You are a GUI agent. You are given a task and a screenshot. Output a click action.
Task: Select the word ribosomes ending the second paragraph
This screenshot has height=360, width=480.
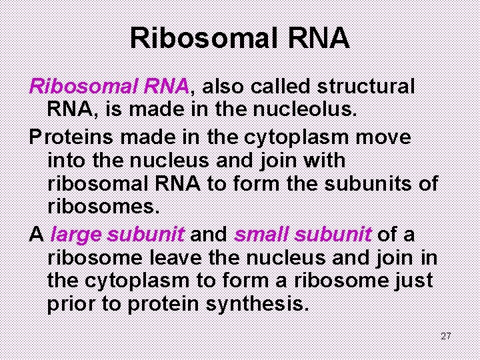click(103, 207)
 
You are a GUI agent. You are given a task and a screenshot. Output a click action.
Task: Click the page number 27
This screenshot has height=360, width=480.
click(446, 335)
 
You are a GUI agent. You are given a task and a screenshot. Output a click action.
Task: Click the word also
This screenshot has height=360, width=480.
click(223, 87)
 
